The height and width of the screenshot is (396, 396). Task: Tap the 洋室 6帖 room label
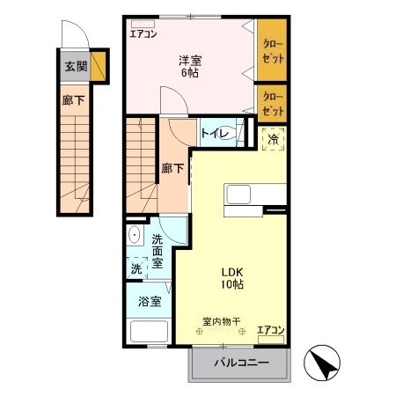click(190, 66)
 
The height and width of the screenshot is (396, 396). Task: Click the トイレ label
click(216, 134)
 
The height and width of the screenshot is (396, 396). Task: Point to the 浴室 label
click(150, 302)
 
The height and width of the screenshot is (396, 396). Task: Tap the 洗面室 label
click(158, 251)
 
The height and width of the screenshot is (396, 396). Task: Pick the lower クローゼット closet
click(272, 105)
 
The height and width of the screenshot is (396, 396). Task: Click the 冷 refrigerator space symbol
click(273, 139)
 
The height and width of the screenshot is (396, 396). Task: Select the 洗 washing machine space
click(136, 268)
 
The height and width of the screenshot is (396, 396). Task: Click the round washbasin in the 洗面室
click(135, 235)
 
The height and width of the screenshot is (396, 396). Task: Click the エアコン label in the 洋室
click(143, 35)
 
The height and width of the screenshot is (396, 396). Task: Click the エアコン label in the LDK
click(270, 331)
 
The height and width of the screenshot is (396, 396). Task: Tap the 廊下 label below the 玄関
click(73, 100)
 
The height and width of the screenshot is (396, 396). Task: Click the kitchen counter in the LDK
click(255, 194)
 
